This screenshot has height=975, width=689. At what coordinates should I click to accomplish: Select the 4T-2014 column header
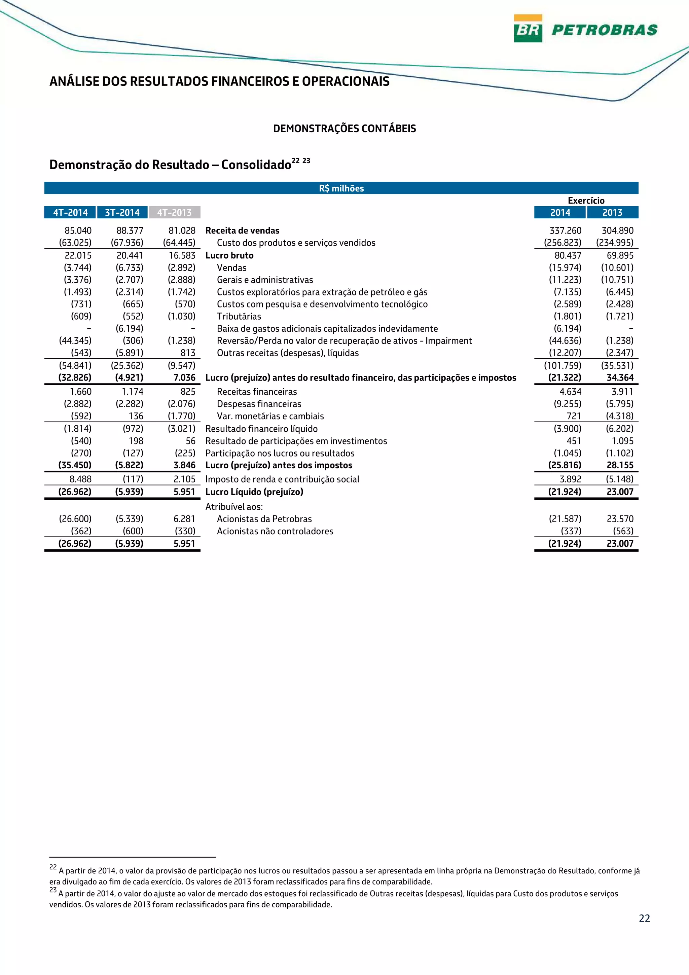click(70, 212)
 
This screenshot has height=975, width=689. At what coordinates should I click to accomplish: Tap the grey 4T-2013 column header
click(175, 212)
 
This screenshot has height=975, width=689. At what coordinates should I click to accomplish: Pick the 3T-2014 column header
click(122, 212)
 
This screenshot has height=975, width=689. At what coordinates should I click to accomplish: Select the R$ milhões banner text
click(341, 188)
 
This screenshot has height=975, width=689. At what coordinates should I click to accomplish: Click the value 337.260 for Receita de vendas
click(565, 230)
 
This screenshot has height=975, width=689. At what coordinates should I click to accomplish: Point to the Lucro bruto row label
click(229, 255)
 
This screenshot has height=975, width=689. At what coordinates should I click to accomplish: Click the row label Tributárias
click(239, 316)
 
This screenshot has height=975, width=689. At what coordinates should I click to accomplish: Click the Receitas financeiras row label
click(257, 392)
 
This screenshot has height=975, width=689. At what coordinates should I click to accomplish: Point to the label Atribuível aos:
click(234, 507)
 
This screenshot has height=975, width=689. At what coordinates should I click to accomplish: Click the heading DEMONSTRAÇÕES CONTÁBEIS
click(344, 129)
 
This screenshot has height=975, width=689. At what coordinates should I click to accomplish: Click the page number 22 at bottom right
click(644, 918)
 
